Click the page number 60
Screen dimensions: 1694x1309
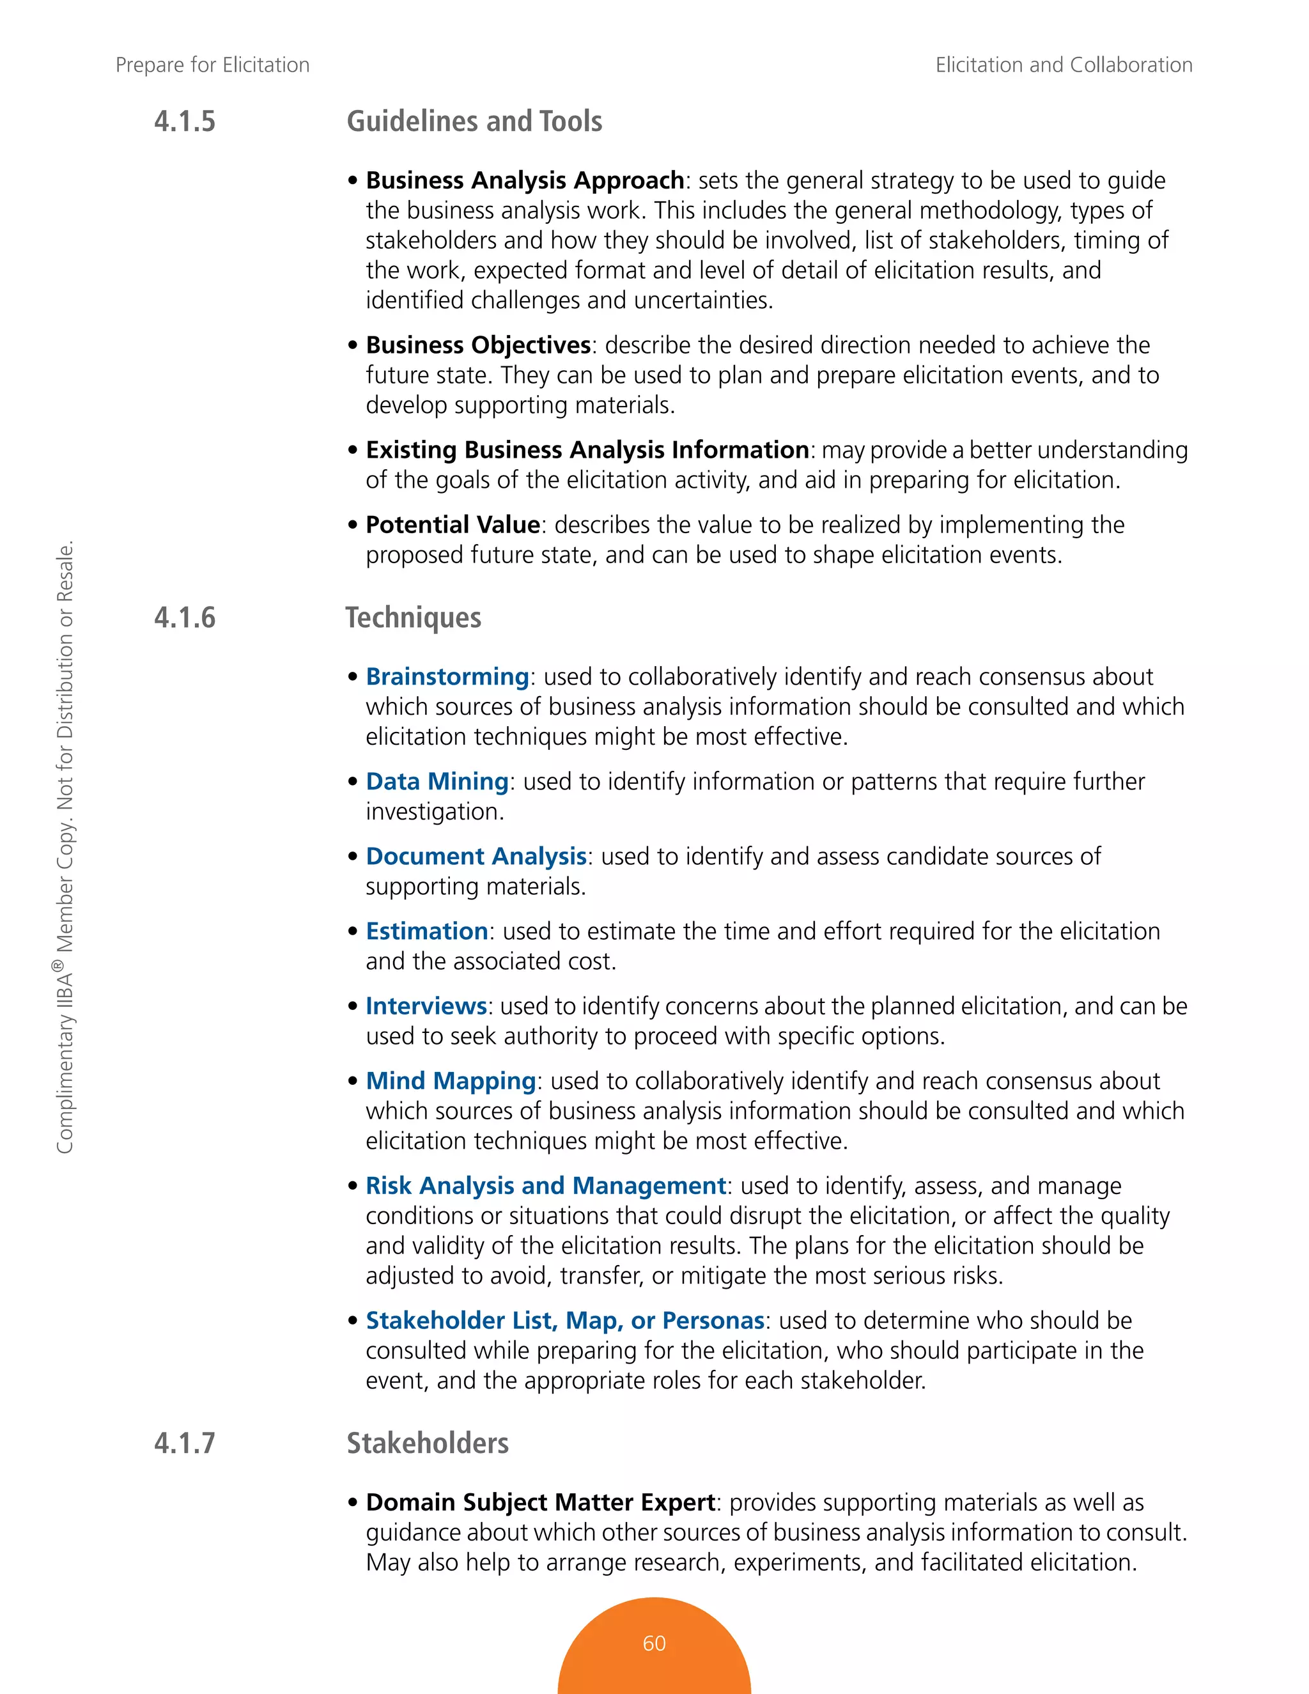coord(654,1643)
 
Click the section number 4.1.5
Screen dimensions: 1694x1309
coord(185,121)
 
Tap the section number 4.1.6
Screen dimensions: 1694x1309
coord(185,618)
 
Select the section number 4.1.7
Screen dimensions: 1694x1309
coord(185,1443)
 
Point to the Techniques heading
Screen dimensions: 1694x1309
coord(414,618)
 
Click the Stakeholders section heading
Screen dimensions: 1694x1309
coord(428,1443)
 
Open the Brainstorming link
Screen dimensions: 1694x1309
coord(447,676)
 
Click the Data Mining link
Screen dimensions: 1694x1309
coord(437,781)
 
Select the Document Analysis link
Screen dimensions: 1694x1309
coord(476,857)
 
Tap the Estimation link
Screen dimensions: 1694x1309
coord(426,931)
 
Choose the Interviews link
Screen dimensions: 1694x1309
coord(426,1006)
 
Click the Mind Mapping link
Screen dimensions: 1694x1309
coord(451,1080)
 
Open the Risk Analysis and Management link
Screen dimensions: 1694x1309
coord(546,1186)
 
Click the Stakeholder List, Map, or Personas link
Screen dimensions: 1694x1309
coord(565,1320)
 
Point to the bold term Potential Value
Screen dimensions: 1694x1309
coord(453,525)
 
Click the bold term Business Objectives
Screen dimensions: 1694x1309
coord(479,345)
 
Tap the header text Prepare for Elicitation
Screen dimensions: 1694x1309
coord(212,65)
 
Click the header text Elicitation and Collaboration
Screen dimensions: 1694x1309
coord(1063,65)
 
